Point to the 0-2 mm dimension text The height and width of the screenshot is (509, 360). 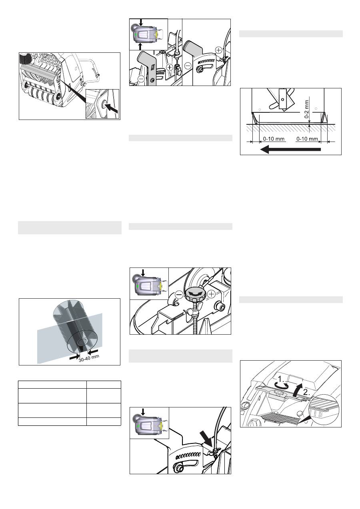click(307, 109)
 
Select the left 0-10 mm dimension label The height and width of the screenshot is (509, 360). click(274, 139)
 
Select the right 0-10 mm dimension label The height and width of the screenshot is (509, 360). click(307, 139)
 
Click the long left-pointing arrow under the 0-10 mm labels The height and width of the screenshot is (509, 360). click(290, 150)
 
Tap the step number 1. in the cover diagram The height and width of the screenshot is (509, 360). click(281, 379)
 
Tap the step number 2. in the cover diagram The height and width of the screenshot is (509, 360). click(306, 392)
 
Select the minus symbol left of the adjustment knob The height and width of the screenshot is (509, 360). click(179, 295)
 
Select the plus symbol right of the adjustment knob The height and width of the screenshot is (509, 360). click(212, 294)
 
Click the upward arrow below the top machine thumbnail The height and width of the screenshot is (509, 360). click(140, 46)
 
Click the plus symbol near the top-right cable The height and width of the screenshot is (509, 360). click(218, 50)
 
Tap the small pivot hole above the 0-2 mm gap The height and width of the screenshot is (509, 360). click(282, 99)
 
